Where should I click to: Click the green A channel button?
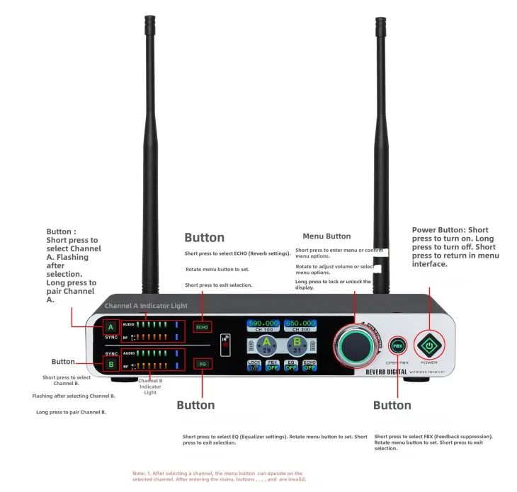[x=110, y=327]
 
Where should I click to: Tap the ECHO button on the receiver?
[x=202, y=327]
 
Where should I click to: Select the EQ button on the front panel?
[x=202, y=363]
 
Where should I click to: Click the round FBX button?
[x=398, y=346]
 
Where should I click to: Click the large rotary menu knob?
[x=360, y=345]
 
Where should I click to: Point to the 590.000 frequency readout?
[x=263, y=323]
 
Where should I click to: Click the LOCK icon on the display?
[x=254, y=365]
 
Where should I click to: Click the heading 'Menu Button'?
[x=326, y=236]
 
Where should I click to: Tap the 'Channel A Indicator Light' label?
[x=146, y=306]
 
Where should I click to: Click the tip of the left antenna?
[x=149, y=19]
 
